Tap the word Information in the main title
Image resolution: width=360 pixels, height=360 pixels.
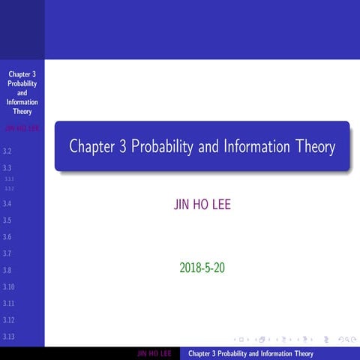(x=257, y=147)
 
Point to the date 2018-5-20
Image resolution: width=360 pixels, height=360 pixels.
(x=202, y=266)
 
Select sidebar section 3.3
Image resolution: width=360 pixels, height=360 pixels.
(x=7, y=167)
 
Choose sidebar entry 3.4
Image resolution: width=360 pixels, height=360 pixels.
(x=7, y=203)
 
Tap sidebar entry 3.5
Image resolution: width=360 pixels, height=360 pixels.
(x=7, y=220)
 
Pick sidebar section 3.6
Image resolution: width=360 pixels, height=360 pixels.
(x=7, y=237)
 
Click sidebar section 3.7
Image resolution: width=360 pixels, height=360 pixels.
(x=7, y=253)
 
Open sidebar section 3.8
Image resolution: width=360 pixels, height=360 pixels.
(x=7, y=270)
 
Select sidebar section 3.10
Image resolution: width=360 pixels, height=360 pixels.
(x=9, y=286)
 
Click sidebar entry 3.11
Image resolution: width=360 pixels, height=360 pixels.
(x=9, y=303)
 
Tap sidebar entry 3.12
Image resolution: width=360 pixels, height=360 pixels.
(x=9, y=319)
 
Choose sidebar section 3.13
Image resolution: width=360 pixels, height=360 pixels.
(x=9, y=337)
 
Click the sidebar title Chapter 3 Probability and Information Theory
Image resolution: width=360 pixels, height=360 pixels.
(x=22, y=93)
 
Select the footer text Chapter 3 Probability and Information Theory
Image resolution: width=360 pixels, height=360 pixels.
(x=250, y=354)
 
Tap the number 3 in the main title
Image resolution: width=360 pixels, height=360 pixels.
(x=123, y=147)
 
